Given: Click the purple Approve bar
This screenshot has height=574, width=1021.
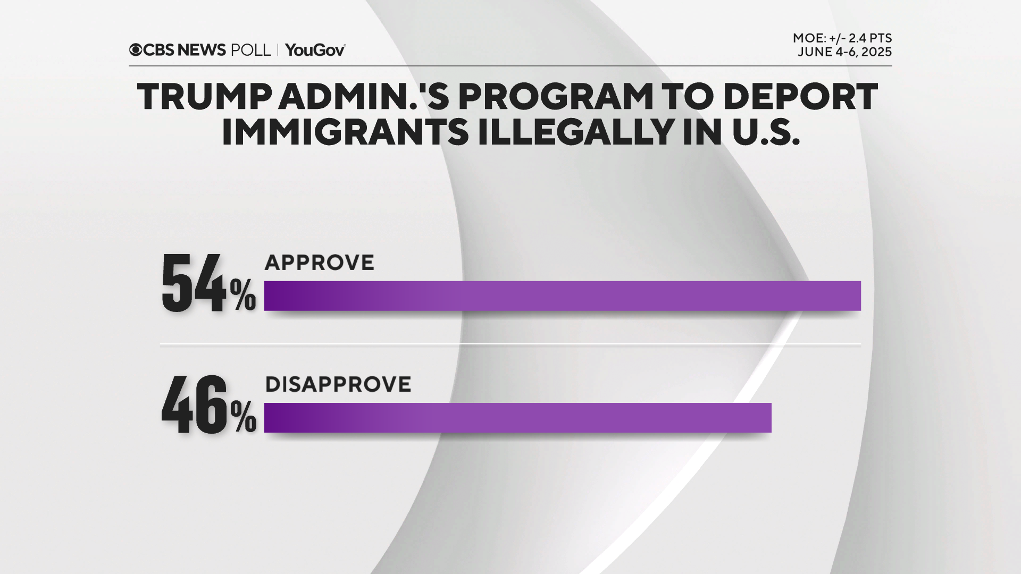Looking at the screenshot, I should click(x=562, y=296).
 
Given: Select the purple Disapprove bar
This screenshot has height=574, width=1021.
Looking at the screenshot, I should click(x=517, y=417).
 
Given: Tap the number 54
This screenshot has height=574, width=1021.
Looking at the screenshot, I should click(x=194, y=283).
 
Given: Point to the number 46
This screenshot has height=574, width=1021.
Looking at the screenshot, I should click(x=194, y=405).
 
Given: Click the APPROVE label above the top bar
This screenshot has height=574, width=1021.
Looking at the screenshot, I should click(x=320, y=263).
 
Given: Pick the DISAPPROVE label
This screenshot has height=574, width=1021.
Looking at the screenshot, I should click(x=338, y=384).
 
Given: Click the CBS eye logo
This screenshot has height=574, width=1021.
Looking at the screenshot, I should click(x=136, y=50).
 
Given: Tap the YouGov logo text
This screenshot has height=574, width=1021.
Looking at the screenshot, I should click(x=315, y=50).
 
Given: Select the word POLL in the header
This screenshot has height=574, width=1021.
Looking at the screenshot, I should click(x=250, y=50).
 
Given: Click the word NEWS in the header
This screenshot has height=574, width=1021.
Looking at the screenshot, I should click(x=202, y=50).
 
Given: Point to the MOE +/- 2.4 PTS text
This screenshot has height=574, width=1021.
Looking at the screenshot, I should click(x=842, y=38).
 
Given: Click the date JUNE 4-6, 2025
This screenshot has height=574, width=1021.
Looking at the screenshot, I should click(x=844, y=52).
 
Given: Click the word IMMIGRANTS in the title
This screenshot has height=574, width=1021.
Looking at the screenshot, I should click(x=345, y=132).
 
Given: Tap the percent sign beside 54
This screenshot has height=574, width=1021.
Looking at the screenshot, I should click(x=243, y=296).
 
